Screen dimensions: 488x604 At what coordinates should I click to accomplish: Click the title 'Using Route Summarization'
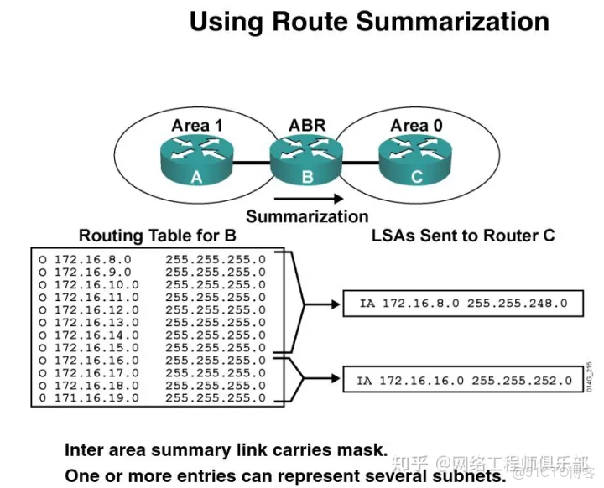tap(369, 21)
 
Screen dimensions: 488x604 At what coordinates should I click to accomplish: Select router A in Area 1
tap(196, 161)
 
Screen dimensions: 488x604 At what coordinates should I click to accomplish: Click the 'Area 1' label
tap(197, 126)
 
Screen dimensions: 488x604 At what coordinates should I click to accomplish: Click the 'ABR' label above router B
tap(306, 126)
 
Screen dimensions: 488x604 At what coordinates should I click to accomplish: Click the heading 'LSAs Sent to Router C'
tap(463, 236)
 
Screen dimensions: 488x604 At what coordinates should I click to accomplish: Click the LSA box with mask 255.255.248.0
tap(462, 303)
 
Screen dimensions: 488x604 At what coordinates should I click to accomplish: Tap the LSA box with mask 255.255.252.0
tap(461, 380)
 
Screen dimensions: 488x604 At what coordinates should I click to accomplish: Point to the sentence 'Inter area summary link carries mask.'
tap(226, 450)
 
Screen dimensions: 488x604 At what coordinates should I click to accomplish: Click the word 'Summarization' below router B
tap(307, 216)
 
